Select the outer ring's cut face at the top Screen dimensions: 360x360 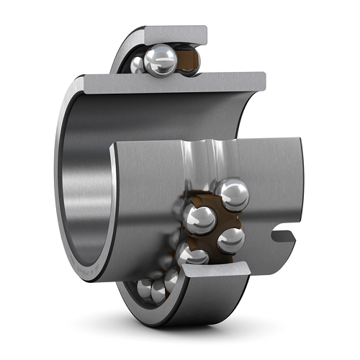click(176, 34)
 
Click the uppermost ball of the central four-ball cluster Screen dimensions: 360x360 click(233, 193)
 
